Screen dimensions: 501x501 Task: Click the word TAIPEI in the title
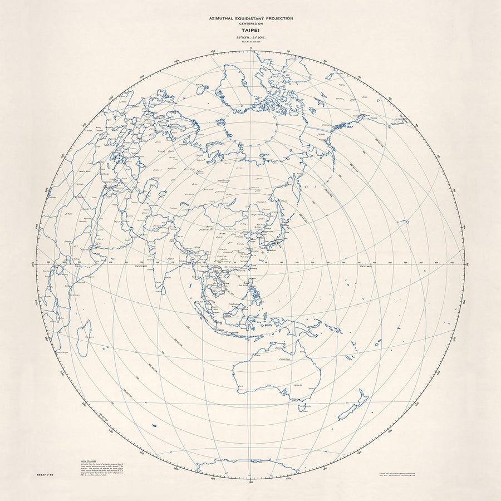click(x=250, y=31)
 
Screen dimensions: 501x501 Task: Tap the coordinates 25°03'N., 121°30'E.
click(x=250, y=38)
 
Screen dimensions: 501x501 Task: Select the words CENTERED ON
click(x=250, y=24)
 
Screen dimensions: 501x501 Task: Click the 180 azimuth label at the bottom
click(x=250, y=481)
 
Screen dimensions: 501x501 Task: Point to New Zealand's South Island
click(x=351, y=411)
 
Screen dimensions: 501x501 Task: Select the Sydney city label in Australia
click(x=311, y=389)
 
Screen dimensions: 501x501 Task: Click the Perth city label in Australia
click(x=240, y=386)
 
